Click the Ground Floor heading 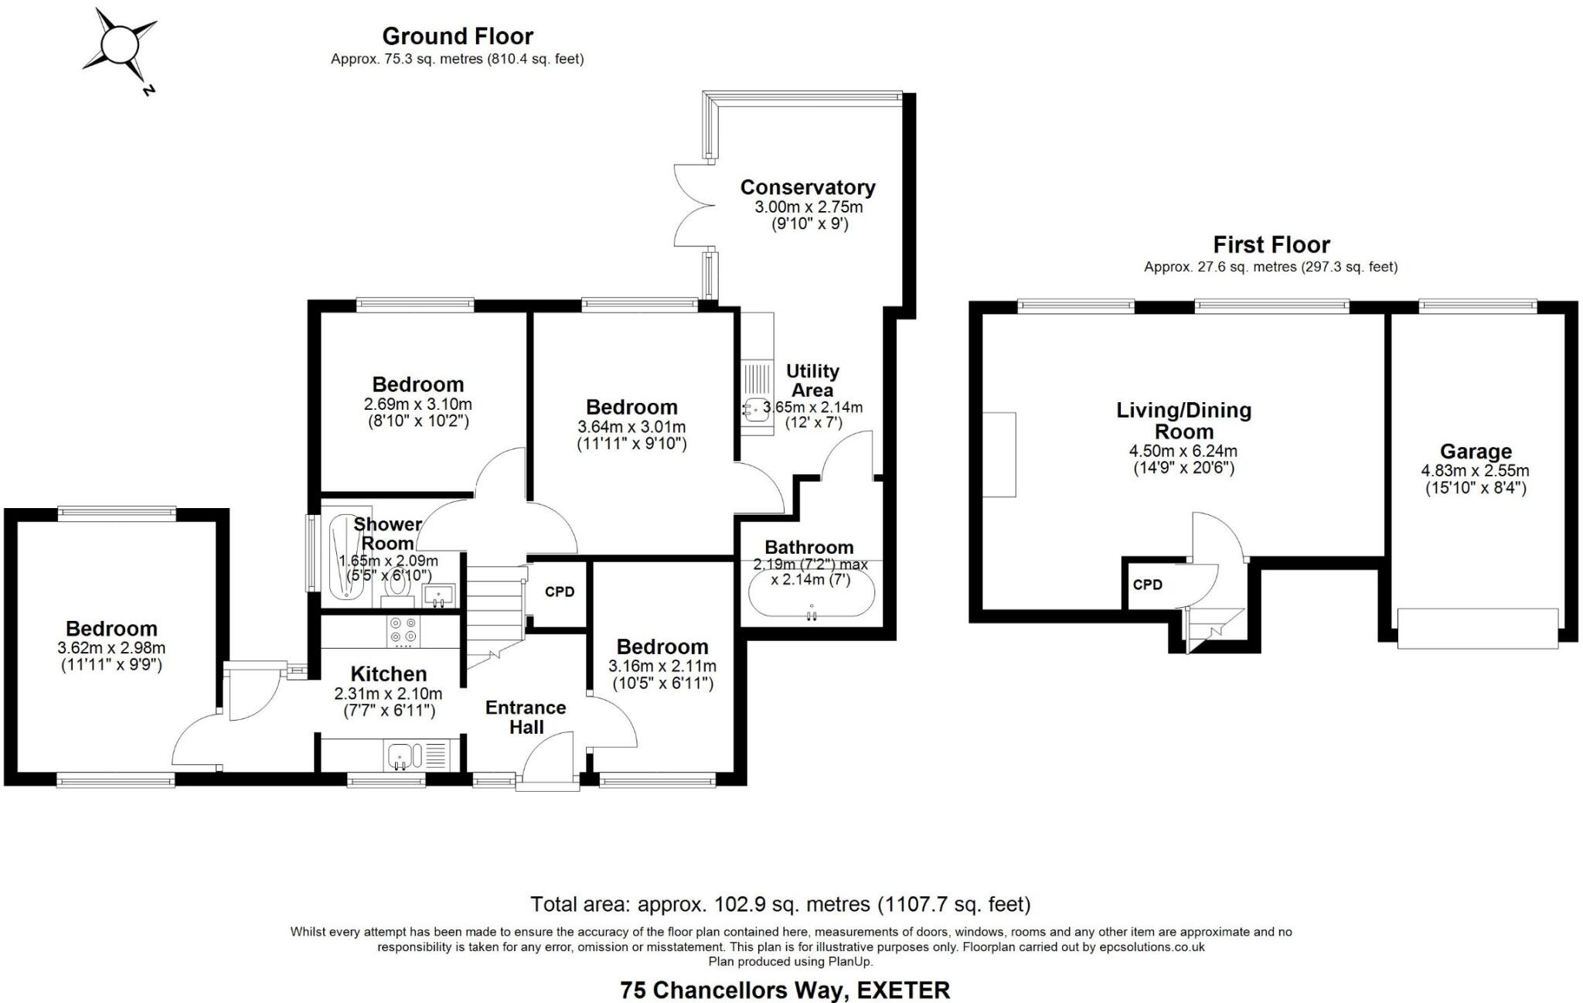pyautogui.click(x=458, y=36)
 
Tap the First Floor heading pyautogui.click(x=1271, y=245)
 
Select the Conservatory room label pyautogui.click(x=808, y=187)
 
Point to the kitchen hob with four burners pyautogui.click(x=403, y=632)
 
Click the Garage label pyautogui.click(x=1476, y=452)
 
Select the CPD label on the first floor pyautogui.click(x=1147, y=585)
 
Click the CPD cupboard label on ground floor pyautogui.click(x=560, y=592)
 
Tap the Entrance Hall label pyautogui.click(x=526, y=717)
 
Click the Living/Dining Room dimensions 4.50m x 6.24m pyautogui.click(x=1183, y=451)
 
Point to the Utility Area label pyautogui.click(x=812, y=380)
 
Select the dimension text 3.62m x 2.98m pyautogui.click(x=111, y=648)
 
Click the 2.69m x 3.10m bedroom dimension pyautogui.click(x=417, y=404)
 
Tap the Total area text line pyautogui.click(x=780, y=903)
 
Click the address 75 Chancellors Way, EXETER pyautogui.click(x=785, y=990)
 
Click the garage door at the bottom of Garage pyautogui.click(x=1477, y=628)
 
